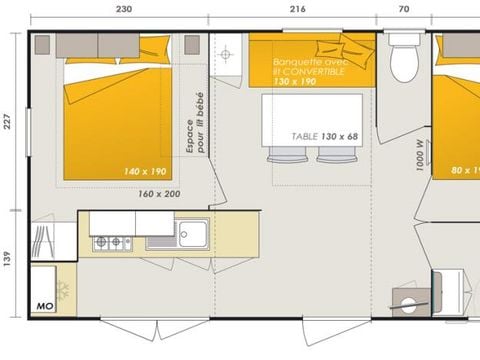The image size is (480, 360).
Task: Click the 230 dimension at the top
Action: pyautogui.click(x=122, y=8)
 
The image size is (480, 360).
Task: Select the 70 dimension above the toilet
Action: pyautogui.click(x=403, y=8)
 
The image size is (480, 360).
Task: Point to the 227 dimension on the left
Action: pyautogui.click(x=9, y=121)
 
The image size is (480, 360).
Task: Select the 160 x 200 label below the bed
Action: pyautogui.click(x=161, y=194)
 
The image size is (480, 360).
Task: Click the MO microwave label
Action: pyautogui.click(x=43, y=304)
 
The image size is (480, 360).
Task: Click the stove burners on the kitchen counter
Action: pyautogui.click(x=112, y=242)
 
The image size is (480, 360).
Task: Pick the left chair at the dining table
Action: pyautogui.click(x=283, y=154)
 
